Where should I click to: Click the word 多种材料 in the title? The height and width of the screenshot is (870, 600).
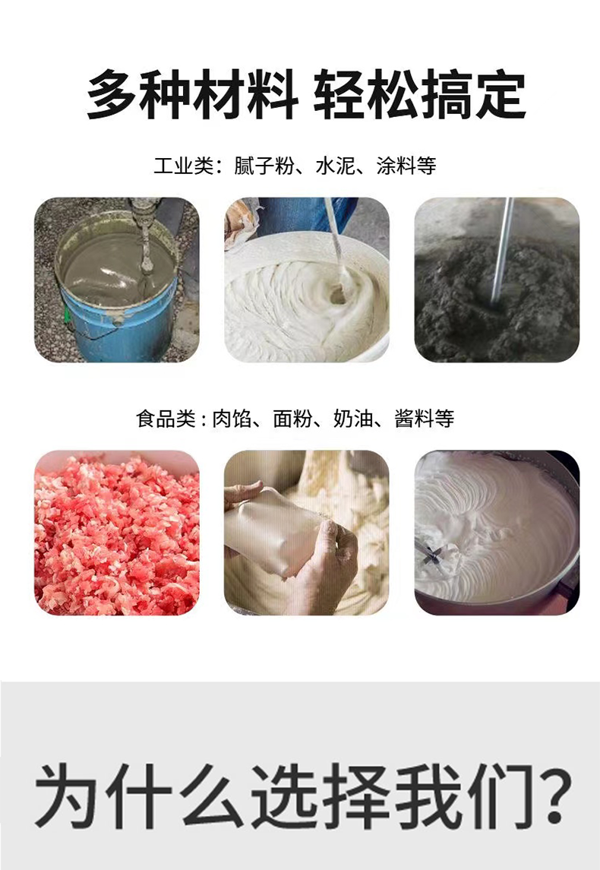[192, 95]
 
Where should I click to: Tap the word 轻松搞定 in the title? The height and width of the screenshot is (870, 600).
[420, 95]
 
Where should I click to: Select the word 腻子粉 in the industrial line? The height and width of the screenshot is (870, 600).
[264, 166]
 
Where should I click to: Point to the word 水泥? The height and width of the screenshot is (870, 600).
[335, 166]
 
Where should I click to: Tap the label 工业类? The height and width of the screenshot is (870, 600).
[184, 166]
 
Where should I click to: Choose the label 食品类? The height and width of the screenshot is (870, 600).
[166, 419]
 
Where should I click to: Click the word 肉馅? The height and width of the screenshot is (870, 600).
[232, 419]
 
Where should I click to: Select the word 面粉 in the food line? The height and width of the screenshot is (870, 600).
[293, 419]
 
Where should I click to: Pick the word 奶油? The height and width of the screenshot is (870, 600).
[354, 419]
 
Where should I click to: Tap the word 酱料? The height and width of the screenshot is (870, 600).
[415, 419]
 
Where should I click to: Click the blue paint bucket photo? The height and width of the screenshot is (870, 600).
[116, 280]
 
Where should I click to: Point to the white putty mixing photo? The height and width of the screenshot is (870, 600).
[307, 280]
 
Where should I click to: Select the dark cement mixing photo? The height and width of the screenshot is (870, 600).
[497, 280]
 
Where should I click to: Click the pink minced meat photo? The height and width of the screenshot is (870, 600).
[116, 533]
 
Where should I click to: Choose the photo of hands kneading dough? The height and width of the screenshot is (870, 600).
[307, 533]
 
